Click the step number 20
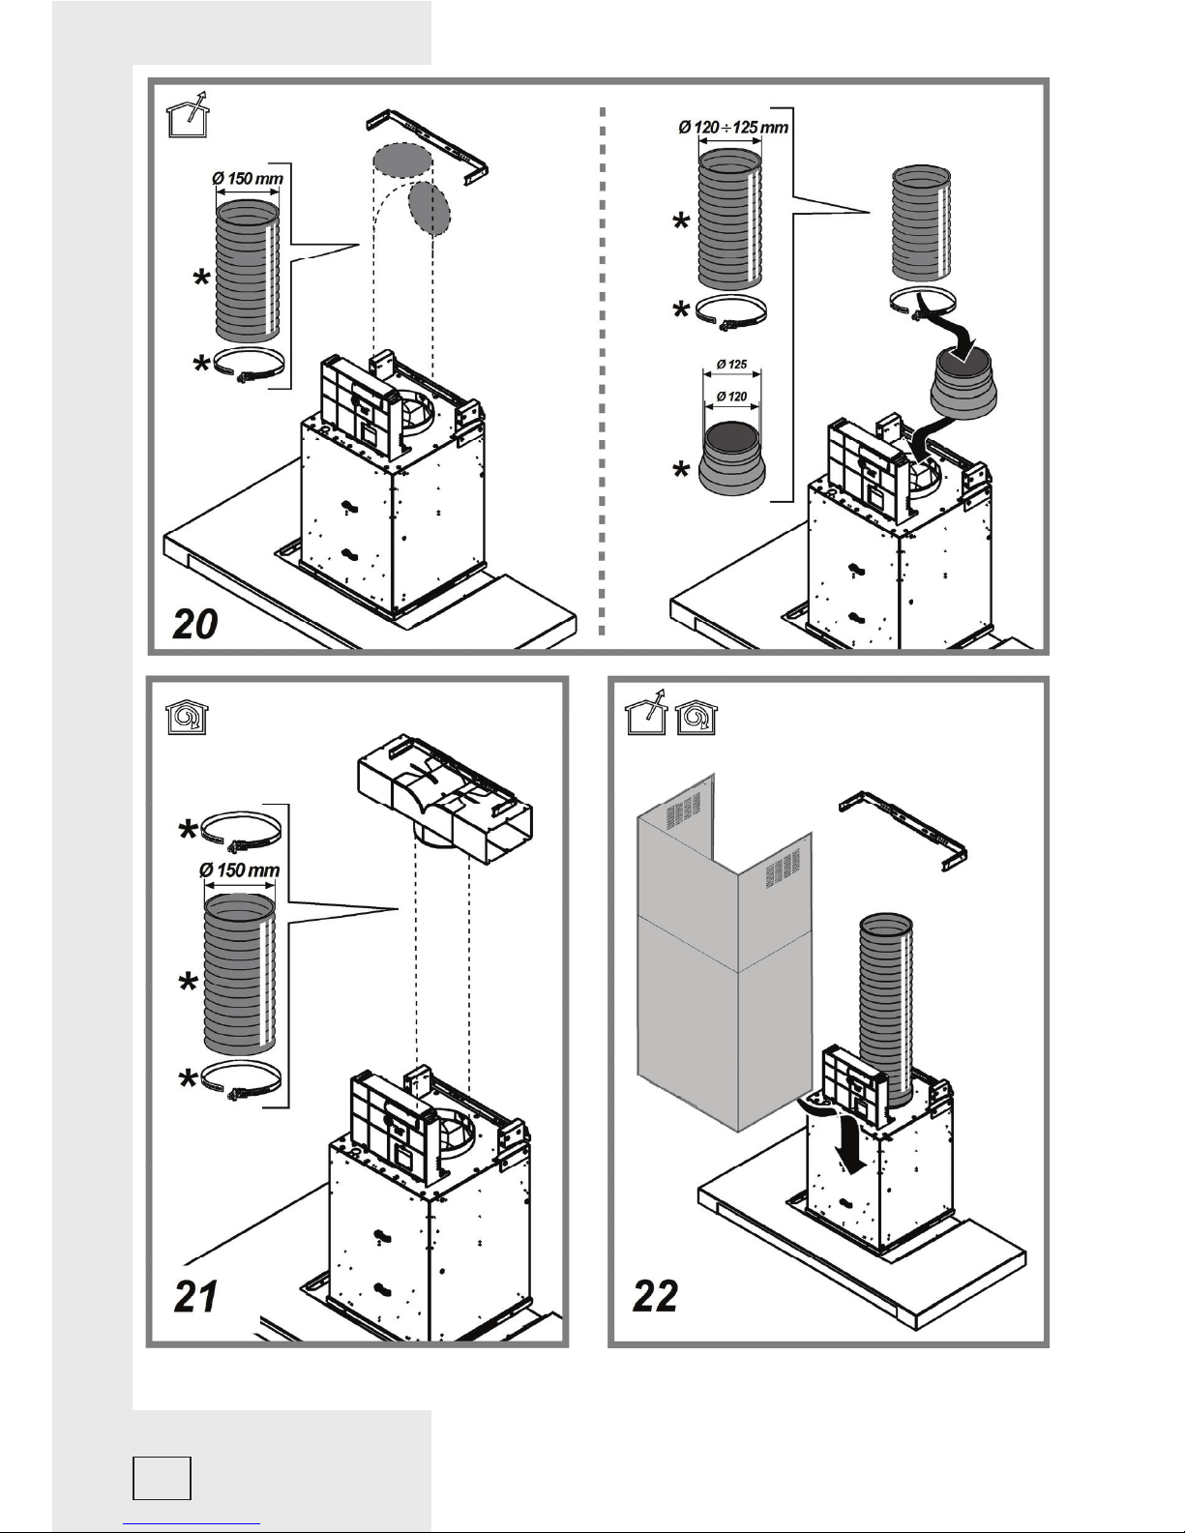click(195, 624)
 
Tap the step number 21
click(195, 1296)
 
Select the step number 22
click(655, 1295)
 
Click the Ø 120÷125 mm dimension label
click(733, 127)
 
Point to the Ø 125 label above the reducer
click(731, 365)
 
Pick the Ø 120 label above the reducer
click(731, 397)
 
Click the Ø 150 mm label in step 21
click(239, 870)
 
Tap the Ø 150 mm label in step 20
click(247, 178)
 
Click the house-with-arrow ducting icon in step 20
click(188, 114)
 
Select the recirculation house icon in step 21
click(187, 718)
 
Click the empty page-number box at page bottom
click(162, 1478)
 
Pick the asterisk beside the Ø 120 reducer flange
click(681, 470)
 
